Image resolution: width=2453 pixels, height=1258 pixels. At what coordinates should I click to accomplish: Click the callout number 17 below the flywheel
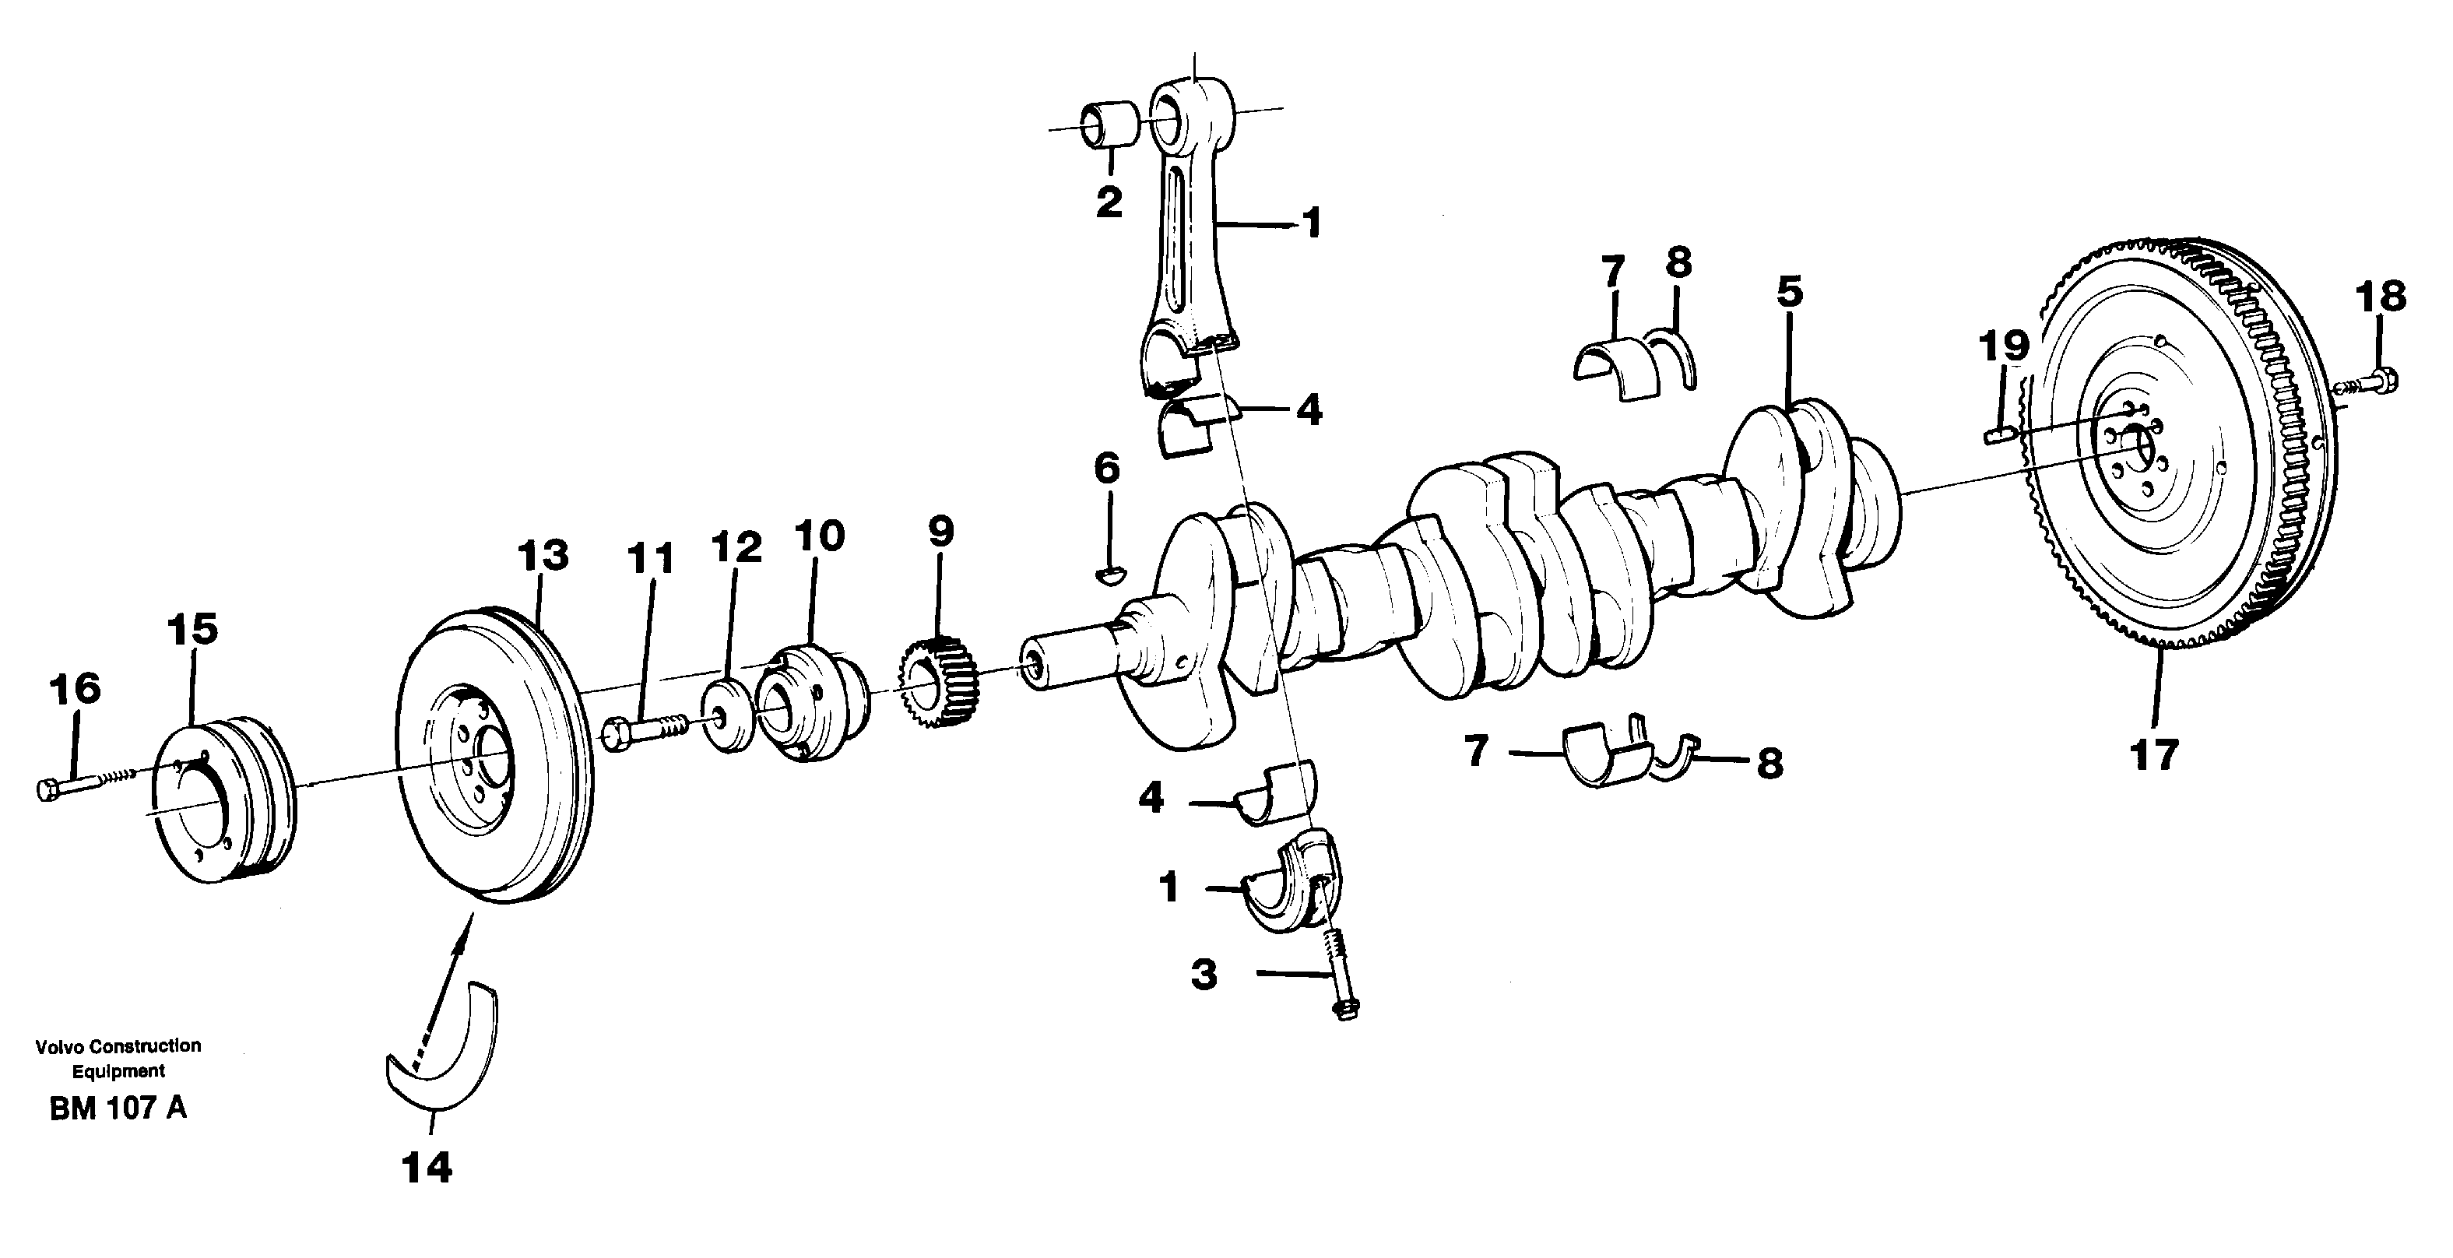[2153, 755]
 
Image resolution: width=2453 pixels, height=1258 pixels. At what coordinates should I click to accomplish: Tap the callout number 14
[427, 1167]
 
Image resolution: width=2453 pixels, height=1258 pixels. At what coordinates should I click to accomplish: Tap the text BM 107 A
[118, 1109]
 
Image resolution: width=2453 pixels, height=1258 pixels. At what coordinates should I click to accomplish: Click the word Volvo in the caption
[59, 1045]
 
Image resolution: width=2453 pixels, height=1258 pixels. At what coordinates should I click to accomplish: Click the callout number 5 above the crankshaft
[1789, 293]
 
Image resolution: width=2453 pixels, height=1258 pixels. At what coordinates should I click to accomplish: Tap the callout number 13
[543, 555]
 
